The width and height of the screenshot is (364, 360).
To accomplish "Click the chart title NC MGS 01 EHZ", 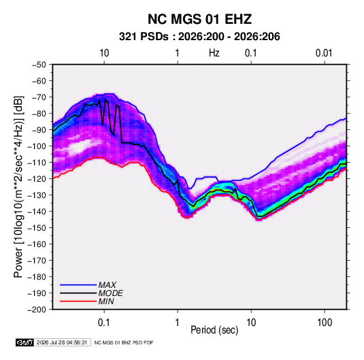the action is (199, 19).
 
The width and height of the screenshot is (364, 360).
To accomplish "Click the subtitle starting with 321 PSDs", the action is (199, 37).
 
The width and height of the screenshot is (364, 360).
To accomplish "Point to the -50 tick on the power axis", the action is (39, 65).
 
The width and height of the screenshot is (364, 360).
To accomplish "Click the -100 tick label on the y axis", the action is (37, 146).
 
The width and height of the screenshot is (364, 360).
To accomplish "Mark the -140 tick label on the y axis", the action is (37, 212).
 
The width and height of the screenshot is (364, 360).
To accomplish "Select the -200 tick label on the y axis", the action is (37, 310).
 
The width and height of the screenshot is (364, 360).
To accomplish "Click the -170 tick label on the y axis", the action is (37, 261).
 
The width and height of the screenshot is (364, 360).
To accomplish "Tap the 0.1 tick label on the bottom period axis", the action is (104, 323).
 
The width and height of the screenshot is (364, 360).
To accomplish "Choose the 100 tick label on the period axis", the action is (325, 323).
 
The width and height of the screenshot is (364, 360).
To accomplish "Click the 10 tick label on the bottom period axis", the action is (251, 323).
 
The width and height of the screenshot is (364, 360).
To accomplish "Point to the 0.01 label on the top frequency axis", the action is (324, 53).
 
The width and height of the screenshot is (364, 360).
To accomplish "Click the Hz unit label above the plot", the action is (214, 53).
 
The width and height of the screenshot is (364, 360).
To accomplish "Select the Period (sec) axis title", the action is (214, 330).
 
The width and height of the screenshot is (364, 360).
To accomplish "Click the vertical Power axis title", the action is (18, 187).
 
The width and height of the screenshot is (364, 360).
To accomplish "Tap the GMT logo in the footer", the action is (25, 342).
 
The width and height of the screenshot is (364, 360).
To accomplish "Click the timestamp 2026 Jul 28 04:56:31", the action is (62, 342).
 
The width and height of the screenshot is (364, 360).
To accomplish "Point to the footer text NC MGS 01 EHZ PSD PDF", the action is (124, 342).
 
